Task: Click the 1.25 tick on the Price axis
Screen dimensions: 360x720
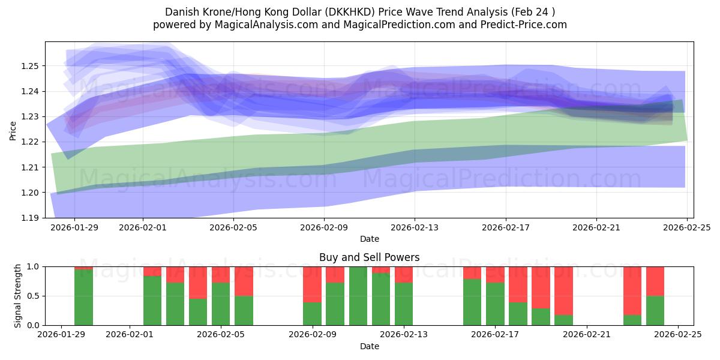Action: click(31, 65)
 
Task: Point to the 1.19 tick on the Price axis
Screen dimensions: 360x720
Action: click(31, 218)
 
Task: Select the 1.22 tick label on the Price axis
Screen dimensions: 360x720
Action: click(31, 142)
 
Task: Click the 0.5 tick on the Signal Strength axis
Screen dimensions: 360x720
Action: click(34, 296)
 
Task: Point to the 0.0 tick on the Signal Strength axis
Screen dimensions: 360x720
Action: click(34, 325)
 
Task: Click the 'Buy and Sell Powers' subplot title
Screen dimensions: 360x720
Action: click(370, 257)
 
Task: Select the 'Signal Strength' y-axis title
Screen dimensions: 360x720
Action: click(18, 295)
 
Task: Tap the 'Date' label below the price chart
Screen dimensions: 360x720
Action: click(370, 239)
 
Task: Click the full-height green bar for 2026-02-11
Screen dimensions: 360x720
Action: click(358, 296)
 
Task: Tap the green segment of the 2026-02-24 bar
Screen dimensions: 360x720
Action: click(655, 310)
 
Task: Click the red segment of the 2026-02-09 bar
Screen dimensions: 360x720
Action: click(313, 284)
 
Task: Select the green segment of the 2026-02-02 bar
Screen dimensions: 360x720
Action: click(152, 301)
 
